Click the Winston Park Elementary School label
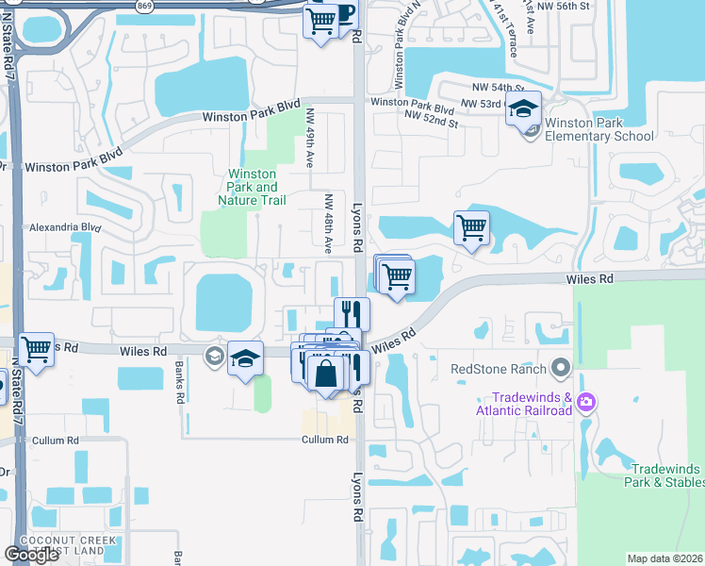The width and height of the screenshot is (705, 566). click(599, 129)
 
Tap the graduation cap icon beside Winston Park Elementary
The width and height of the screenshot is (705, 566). click(524, 109)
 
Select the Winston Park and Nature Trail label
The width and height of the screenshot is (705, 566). click(252, 187)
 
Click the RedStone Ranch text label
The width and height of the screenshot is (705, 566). click(499, 367)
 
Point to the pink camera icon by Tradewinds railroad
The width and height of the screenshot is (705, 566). click(587, 403)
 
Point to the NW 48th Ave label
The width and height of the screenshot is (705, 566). click(329, 224)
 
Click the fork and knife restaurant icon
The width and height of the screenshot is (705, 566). click(352, 313)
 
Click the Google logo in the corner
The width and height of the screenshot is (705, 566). click(31, 555)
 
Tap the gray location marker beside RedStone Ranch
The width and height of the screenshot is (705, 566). click(562, 367)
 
